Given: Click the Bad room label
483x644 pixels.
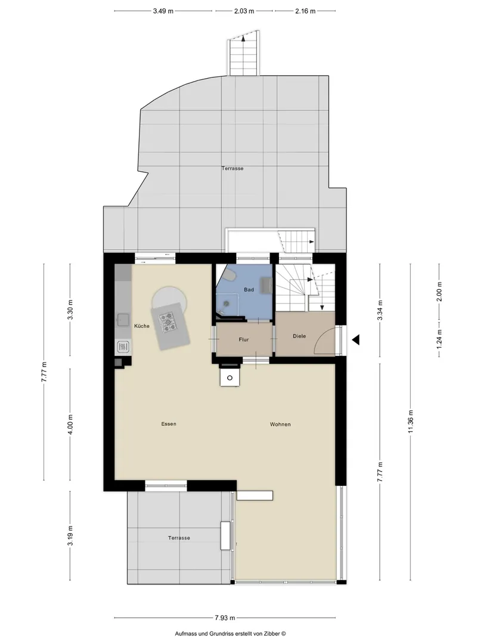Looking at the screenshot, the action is pos(249,290).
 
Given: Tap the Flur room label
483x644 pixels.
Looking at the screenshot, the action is pos(244,340).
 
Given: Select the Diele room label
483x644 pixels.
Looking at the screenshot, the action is pos(299,336).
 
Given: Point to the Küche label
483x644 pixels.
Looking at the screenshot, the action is pos(142,326).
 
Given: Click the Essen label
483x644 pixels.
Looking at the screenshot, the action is pos(169,424).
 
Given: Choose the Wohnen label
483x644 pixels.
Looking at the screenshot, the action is pos(280,425).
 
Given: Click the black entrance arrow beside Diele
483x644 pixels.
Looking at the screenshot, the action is pos(356,340).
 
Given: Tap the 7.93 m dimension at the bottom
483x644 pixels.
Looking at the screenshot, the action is pos(225,618).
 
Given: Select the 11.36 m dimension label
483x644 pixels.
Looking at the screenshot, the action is pos(411,422).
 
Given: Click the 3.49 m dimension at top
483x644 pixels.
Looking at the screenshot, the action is pos(163,11).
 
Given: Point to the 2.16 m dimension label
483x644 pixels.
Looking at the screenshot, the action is pos(305,11).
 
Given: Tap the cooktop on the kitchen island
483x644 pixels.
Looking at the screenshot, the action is pos(168,323).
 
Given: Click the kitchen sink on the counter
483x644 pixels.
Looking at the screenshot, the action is pos(123,320).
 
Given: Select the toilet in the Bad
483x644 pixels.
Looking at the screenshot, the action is pos(230,275).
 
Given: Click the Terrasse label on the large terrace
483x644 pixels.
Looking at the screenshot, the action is pos(233,168).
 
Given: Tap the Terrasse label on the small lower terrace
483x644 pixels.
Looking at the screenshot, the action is pos(179,538).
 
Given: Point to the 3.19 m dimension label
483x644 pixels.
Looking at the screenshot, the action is pos(70,535).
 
